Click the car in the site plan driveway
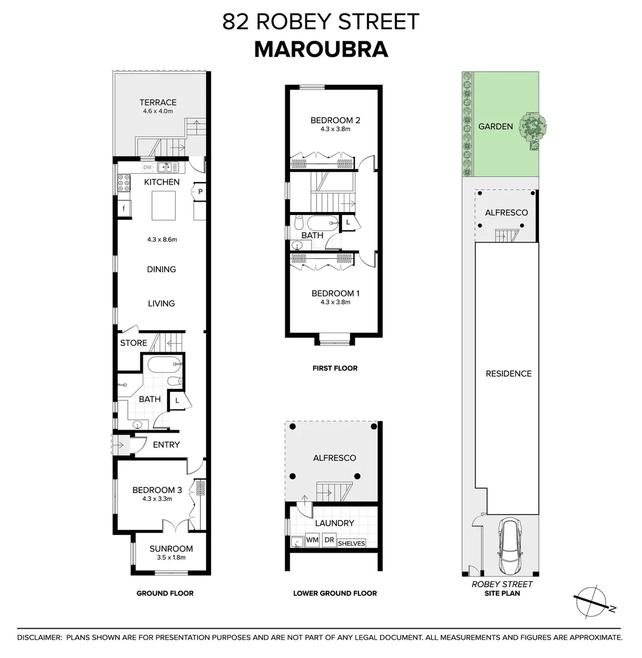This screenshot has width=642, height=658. pos(512,546)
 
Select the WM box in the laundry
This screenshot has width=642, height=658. pos(312,540)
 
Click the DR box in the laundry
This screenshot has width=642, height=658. pos(329,540)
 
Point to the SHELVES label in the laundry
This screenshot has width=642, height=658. pos(351,543)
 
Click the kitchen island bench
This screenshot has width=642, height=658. pos(163,205)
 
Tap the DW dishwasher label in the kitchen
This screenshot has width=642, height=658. pos(147,167)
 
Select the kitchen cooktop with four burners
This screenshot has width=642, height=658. pos(123,183)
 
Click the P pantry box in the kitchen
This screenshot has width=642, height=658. pos(200,191)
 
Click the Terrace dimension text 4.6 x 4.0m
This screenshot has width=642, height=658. pos(157,111)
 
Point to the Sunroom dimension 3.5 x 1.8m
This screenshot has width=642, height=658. pos(171,557)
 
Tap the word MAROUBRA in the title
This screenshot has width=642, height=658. pos(321,49)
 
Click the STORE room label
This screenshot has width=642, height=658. pos(134,343)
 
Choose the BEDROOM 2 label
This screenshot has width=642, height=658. pos(335,120)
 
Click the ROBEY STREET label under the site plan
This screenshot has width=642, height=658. pos(502,584)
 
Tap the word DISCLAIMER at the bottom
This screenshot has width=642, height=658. pos(40,637)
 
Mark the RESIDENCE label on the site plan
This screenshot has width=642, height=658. pos(508,373)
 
